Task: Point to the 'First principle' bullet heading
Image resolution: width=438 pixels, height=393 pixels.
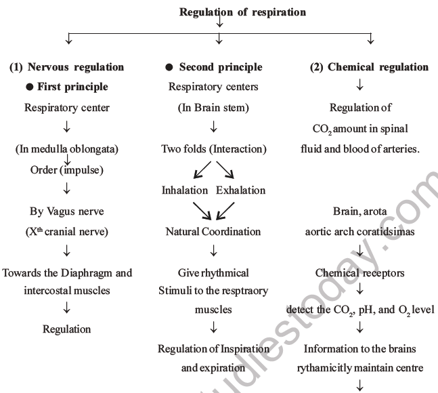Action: click(x=67, y=87)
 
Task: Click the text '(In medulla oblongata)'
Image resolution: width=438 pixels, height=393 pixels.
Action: click(x=67, y=149)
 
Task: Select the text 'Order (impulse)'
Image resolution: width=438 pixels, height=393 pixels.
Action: click(x=67, y=169)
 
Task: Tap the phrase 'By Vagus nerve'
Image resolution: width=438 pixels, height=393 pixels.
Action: click(x=67, y=211)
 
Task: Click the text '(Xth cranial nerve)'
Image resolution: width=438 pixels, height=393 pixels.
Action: click(x=67, y=231)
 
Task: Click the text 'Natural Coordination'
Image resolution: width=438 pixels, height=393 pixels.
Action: click(x=213, y=231)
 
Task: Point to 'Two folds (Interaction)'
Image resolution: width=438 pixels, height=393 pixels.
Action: click(x=214, y=149)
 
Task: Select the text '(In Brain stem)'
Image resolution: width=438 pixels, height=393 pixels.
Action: click(x=214, y=108)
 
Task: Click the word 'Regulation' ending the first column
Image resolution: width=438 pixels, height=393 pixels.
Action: click(x=67, y=329)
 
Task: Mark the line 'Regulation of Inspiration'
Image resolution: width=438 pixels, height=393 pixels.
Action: click(x=214, y=349)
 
